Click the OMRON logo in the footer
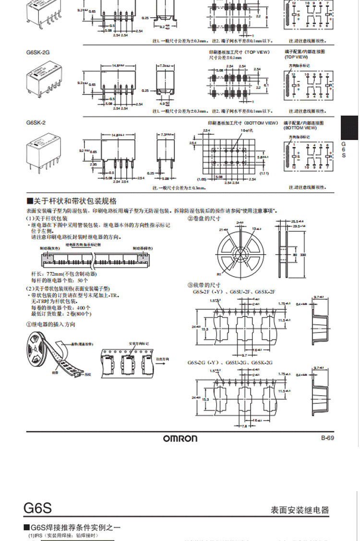point(180,438)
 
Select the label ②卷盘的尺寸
point(204,218)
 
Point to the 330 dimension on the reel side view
point(303,255)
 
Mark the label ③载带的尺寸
point(204,285)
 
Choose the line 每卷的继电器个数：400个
point(60,307)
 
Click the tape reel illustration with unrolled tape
point(58,355)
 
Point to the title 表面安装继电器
point(300,510)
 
